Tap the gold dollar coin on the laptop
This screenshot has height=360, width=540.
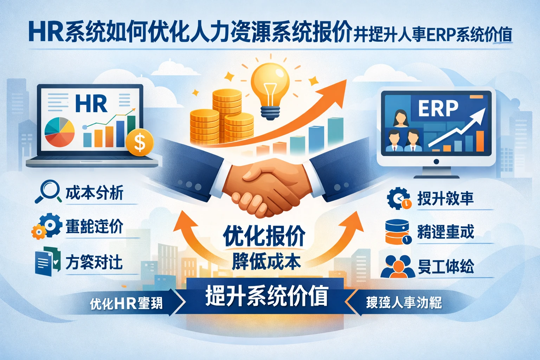(x=140, y=142)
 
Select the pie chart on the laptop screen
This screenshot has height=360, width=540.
(x=59, y=132)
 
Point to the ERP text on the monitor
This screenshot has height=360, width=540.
(x=438, y=108)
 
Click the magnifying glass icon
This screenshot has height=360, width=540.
(x=49, y=191)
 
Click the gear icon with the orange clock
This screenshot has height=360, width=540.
(x=399, y=198)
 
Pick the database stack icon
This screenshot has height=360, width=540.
(x=397, y=232)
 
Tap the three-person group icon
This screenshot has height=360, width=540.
(x=398, y=266)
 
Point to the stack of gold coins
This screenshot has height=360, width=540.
(x=221, y=118)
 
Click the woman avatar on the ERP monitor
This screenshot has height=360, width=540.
(x=400, y=118)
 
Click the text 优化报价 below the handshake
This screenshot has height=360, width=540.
(x=264, y=235)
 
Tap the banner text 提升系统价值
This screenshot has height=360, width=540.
(x=266, y=296)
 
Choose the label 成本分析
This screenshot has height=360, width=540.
(x=94, y=193)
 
